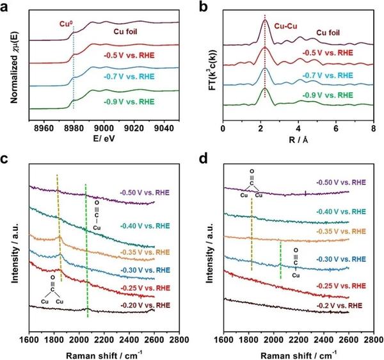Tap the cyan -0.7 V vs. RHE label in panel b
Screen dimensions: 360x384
pos(325,74)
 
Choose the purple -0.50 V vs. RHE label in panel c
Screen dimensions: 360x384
pos(146,192)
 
